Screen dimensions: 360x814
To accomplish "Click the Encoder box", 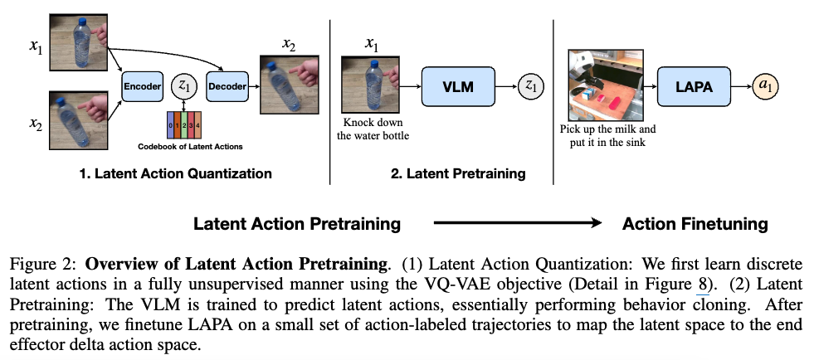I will coord(142,85).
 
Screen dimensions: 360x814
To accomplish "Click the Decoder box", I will coord(227,85).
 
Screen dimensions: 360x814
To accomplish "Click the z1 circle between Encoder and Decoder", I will coord(185,85).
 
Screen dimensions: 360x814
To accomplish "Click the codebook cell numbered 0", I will coord(170,124).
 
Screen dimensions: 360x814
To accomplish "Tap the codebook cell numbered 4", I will coord(197,124).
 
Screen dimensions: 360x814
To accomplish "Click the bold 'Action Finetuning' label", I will coord(695,224).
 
